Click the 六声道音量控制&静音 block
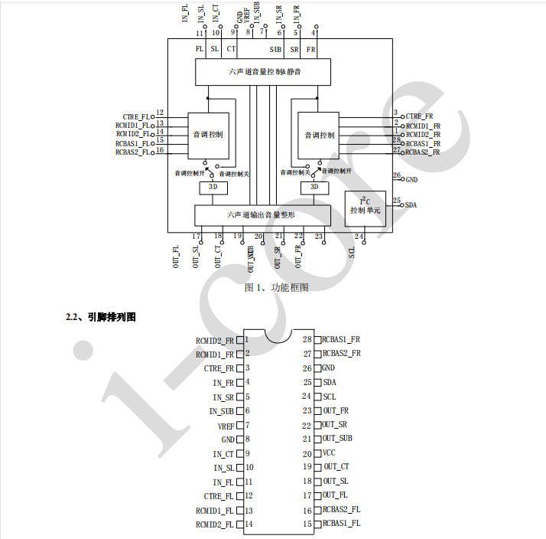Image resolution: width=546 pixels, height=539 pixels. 262,72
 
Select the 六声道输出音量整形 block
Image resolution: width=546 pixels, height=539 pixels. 262,215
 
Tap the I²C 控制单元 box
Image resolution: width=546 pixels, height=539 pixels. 365,207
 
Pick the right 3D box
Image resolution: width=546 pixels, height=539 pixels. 312,187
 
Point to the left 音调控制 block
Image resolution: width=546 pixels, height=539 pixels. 208,135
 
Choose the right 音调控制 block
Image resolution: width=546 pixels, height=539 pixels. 318,135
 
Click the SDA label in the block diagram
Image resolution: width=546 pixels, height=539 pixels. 411,206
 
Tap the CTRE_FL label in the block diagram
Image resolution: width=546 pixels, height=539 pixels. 136,116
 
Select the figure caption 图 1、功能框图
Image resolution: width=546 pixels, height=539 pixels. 276,287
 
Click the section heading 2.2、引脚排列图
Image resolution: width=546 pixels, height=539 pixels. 101,316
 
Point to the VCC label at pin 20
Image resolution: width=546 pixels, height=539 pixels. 329,452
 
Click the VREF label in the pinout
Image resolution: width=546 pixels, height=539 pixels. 226,426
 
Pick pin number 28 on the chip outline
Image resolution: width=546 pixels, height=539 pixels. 307,339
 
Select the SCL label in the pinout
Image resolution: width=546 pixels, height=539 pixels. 329,397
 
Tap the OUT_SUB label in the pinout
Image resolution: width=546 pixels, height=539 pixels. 337,439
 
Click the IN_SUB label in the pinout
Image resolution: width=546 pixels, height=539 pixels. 222,411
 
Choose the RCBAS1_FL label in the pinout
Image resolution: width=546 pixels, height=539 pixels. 341,524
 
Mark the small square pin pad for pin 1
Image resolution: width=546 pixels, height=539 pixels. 239,340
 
